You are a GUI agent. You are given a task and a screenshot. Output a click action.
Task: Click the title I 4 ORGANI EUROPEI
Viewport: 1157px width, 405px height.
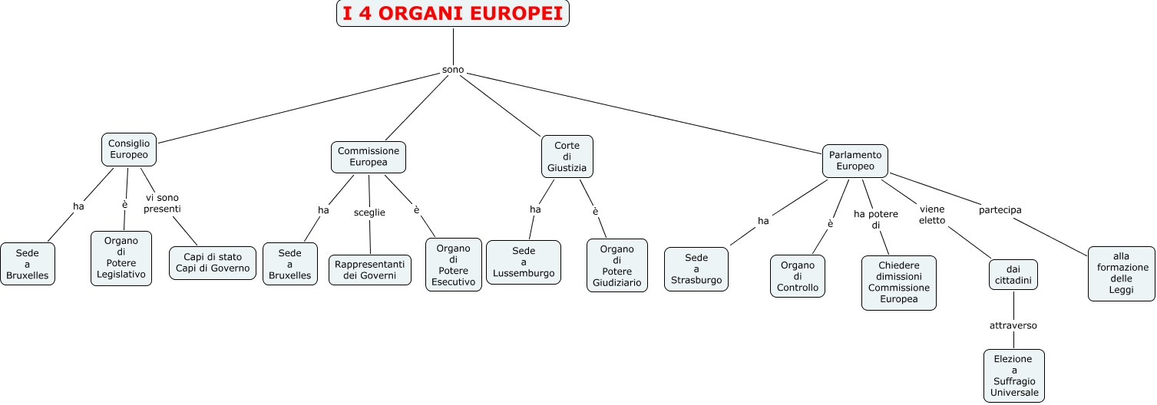coord(453,13)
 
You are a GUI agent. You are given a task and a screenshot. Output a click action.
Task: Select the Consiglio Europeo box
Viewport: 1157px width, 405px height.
coord(129,150)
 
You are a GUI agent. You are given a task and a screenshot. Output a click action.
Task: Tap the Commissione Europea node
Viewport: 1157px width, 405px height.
coord(369,156)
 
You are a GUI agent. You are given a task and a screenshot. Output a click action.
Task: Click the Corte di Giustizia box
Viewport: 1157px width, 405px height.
coord(567,157)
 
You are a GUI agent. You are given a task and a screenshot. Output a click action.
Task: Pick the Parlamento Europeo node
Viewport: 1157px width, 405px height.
coord(855,160)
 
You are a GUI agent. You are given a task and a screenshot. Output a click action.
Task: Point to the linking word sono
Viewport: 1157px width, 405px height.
coord(453,70)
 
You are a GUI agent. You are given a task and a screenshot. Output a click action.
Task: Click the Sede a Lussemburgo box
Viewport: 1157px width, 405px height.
coord(524,262)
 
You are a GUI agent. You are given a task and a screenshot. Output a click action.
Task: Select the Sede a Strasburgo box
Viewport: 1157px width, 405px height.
coord(696,269)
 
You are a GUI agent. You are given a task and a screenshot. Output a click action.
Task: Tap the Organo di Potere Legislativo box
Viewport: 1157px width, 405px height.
coord(121,258)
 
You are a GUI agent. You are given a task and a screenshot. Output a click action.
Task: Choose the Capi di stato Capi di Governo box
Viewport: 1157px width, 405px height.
coord(213,262)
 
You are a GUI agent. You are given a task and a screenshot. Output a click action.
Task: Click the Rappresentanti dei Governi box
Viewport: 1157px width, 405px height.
coord(370,270)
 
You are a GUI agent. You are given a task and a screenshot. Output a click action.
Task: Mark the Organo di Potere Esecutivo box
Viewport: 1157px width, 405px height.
coord(454,265)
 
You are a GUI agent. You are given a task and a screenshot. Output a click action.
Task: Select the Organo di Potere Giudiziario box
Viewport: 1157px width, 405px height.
coord(617,265)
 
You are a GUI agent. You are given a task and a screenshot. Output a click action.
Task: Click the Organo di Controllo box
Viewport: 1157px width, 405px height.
coord(798,276)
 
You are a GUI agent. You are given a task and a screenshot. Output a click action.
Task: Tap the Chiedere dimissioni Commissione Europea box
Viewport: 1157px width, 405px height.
coord(899,282)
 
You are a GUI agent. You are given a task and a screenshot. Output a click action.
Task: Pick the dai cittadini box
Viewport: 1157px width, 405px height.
coord(1013,275)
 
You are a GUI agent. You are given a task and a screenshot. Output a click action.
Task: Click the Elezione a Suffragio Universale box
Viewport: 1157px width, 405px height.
coord(1014,376)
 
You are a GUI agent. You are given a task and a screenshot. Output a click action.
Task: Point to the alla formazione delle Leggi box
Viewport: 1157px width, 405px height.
coord(1122,273)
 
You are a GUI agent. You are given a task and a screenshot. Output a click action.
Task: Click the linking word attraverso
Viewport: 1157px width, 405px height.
coord(1013,325)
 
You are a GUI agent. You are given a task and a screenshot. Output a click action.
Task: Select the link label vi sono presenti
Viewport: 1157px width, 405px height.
coord(162,203)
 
